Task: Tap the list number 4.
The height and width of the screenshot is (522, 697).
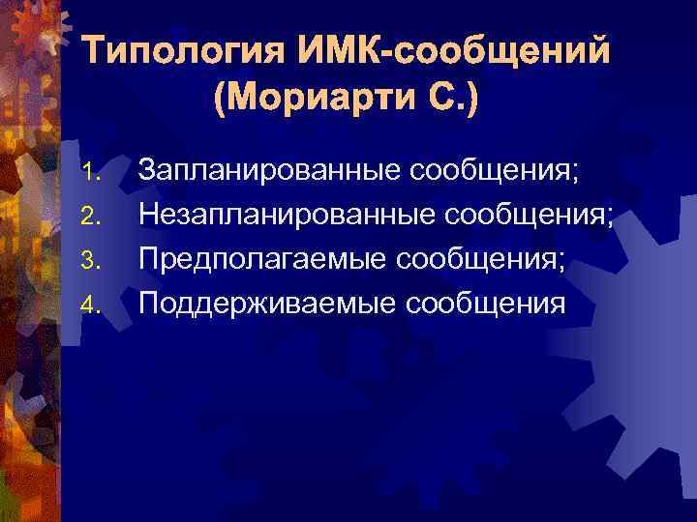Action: click(91, 305)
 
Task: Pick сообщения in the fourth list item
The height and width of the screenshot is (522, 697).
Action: click(486, 304)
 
